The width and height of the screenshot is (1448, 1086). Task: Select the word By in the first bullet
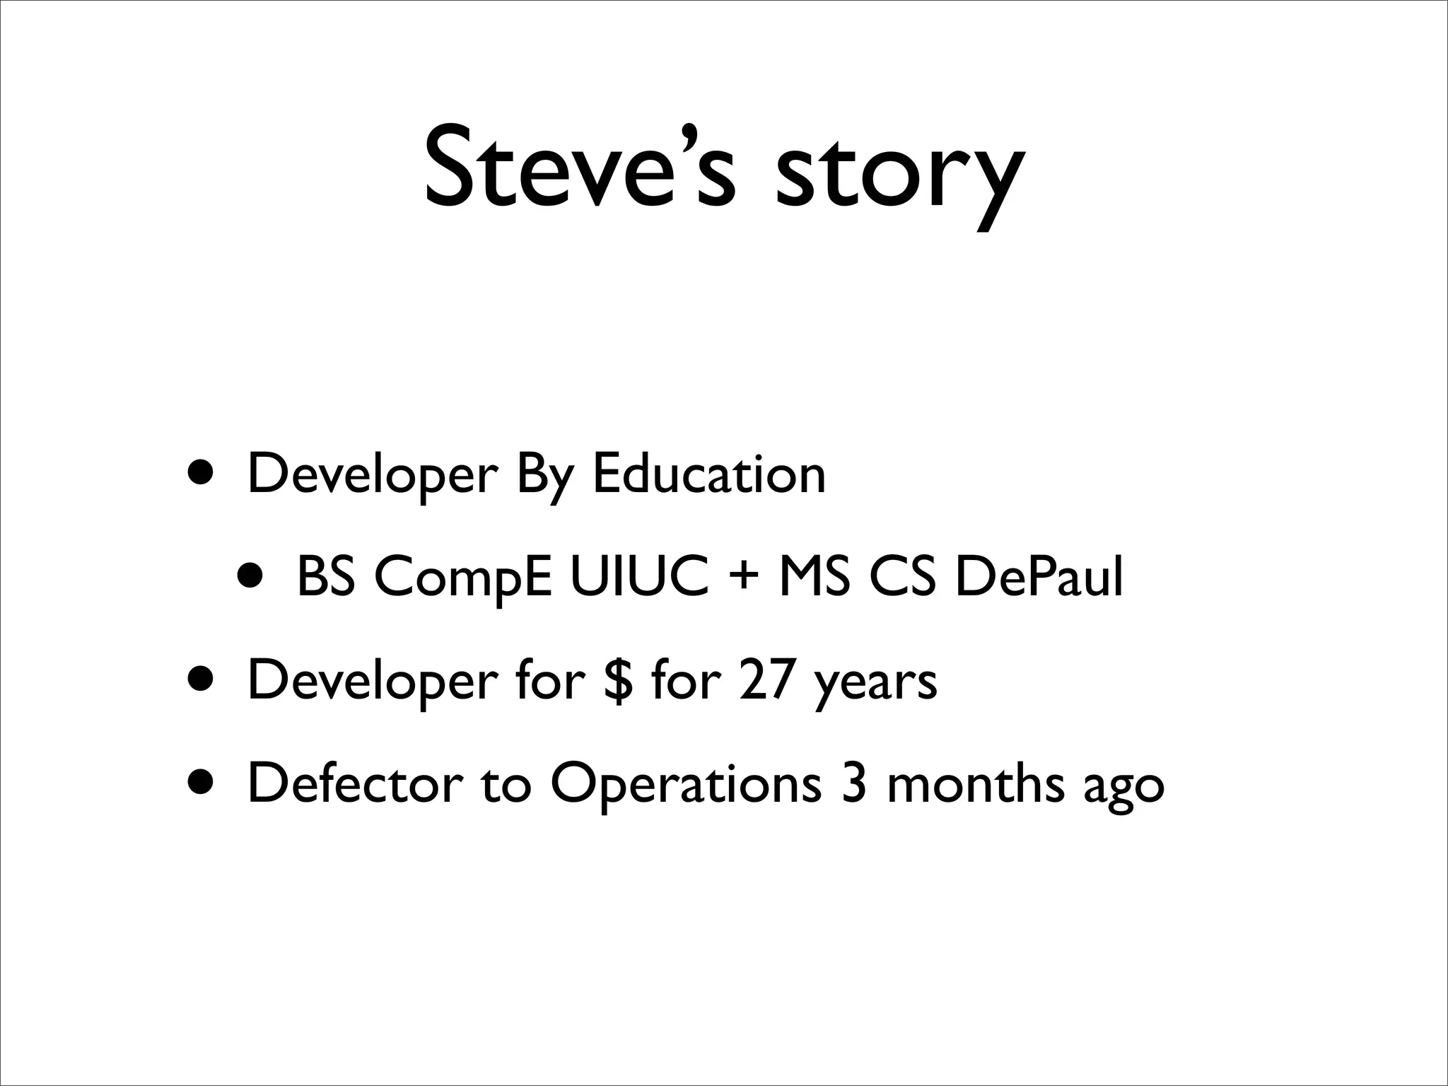pyautogui.click(x=543, y=475)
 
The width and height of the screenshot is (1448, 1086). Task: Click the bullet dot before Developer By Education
pyautogui.click(x=202, y=472)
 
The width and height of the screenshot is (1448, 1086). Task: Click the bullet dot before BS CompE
pyautogui.click(x=252, y=576)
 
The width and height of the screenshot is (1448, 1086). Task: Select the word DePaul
pyautogui.click(x=1039, y=577)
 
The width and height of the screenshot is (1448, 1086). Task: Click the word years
pyautogui.click(x=875, y=683)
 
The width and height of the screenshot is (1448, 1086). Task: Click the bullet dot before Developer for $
pyautogui.click(x=202, y=678)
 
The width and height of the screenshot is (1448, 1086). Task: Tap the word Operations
pyautogui.click(x=686, y=785)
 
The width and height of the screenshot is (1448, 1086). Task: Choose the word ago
pyautogui.click(x=1124, y=788)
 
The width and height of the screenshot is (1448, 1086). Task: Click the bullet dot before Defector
pyautogui.click(x=202, y=781)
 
